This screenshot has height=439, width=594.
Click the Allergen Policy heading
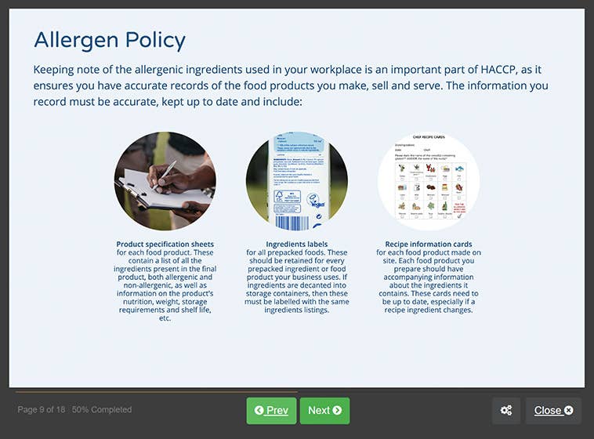110,40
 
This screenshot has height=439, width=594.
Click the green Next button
324,410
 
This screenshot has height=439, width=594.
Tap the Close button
553,410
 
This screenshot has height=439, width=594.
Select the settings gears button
506,410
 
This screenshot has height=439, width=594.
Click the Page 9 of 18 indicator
42,410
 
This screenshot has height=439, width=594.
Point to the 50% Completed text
102,410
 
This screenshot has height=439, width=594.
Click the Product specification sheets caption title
165,244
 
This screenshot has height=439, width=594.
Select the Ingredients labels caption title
296,244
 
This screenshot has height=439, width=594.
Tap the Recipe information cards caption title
429,244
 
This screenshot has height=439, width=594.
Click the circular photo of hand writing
165,182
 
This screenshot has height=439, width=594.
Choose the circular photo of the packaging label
296,182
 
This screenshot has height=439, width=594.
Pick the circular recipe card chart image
429,182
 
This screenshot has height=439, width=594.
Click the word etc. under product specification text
165,317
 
